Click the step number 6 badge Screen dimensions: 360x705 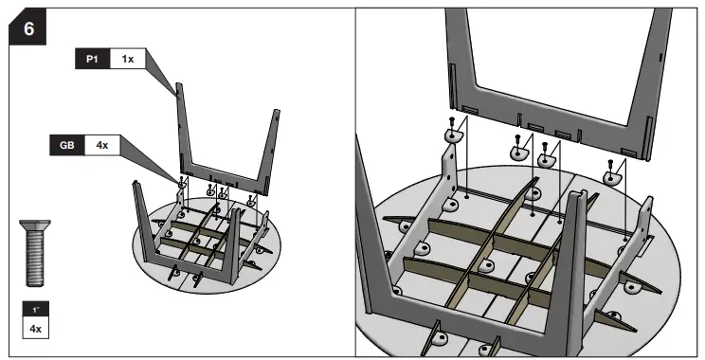(27, 28)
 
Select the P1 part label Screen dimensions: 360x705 (93, 59)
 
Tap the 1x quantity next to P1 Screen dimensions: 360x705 (126, 59)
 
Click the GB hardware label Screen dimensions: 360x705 (66, 147)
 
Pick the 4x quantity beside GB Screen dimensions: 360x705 (100, 147)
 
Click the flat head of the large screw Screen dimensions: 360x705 (36, 226)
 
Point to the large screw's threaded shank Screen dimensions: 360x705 (36, 261)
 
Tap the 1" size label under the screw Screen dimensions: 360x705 (36, 310)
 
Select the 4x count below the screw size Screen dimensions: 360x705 (36, 329)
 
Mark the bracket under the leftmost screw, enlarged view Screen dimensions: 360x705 (453, 138)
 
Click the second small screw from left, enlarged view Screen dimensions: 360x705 (520, 136)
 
